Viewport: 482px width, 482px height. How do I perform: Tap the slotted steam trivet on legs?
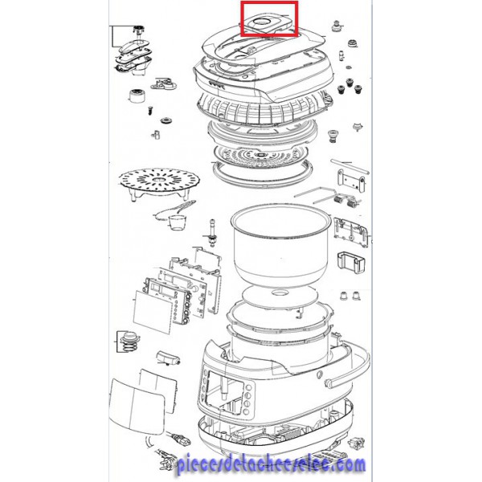tap(159, 182)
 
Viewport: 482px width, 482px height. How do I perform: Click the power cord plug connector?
tap(180, 439)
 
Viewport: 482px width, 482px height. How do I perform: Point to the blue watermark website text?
tap(271, 465)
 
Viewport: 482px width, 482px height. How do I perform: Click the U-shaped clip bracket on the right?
tap(350, 263)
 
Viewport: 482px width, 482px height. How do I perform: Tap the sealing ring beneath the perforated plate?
tap(262, 174)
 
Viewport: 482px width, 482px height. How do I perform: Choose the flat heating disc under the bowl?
tap(280, 296)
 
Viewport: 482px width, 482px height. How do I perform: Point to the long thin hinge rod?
tap(349, 165)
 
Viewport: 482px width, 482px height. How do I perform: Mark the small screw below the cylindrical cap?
tap(150, 110)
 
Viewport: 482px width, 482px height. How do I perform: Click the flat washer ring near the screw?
tap(166, 120)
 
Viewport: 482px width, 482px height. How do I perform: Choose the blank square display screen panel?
tap(153, 312)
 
